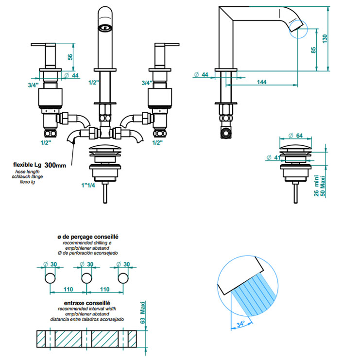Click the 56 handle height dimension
70,56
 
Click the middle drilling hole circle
86,278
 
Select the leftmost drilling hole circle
50,278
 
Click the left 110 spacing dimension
68,289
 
